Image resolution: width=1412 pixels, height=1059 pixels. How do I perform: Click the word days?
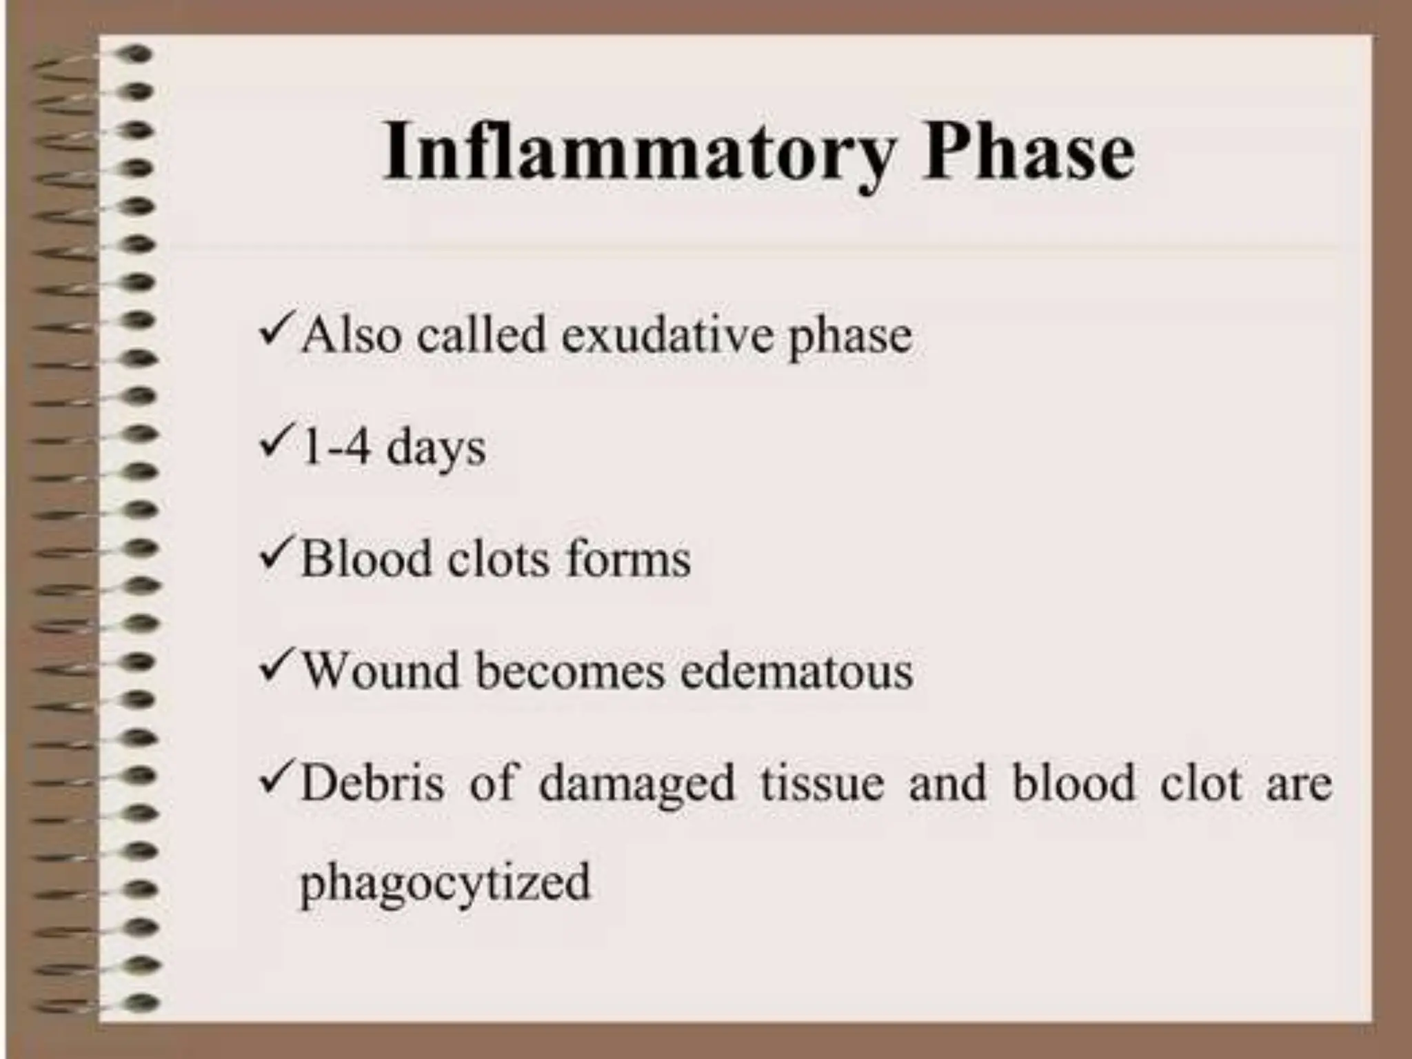(x=436, y=450)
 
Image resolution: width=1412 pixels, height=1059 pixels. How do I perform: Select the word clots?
(x=498, y=559)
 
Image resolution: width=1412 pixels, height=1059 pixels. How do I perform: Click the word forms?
(x=628, y=559)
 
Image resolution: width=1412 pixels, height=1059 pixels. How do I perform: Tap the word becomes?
(x=570, y=671)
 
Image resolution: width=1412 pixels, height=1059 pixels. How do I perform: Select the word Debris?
(x=372, y=784)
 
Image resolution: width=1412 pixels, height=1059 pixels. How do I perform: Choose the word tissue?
(x=822, y=784)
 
